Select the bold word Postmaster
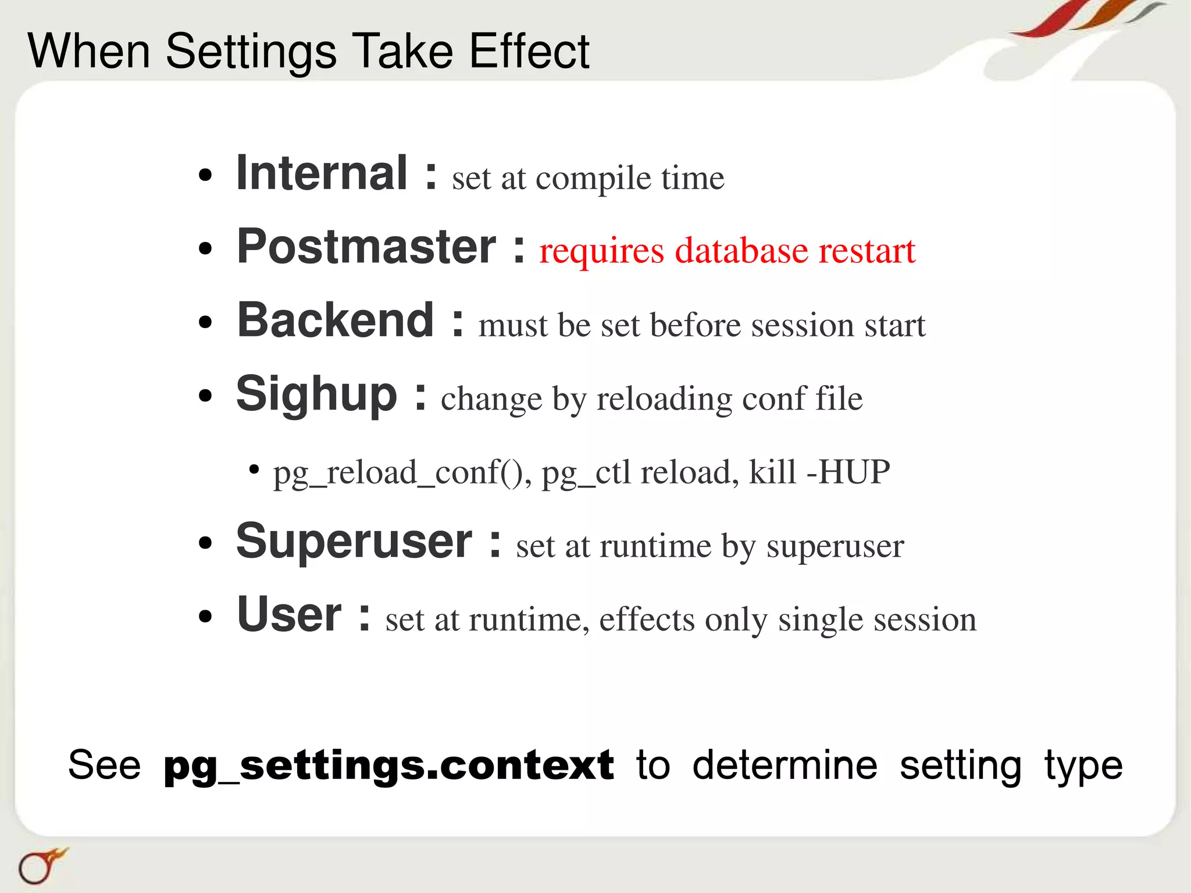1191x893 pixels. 366,247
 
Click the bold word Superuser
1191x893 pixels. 354,542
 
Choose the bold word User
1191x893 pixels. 289,615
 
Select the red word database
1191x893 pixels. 741,251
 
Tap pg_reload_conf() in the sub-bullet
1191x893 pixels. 402,473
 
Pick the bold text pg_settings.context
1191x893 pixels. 388,766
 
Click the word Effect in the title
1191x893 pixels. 529,51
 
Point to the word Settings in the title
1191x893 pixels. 251,52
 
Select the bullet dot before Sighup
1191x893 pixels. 205,396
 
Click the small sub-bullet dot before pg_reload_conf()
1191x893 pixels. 254,469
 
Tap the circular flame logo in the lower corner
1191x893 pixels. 40,866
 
